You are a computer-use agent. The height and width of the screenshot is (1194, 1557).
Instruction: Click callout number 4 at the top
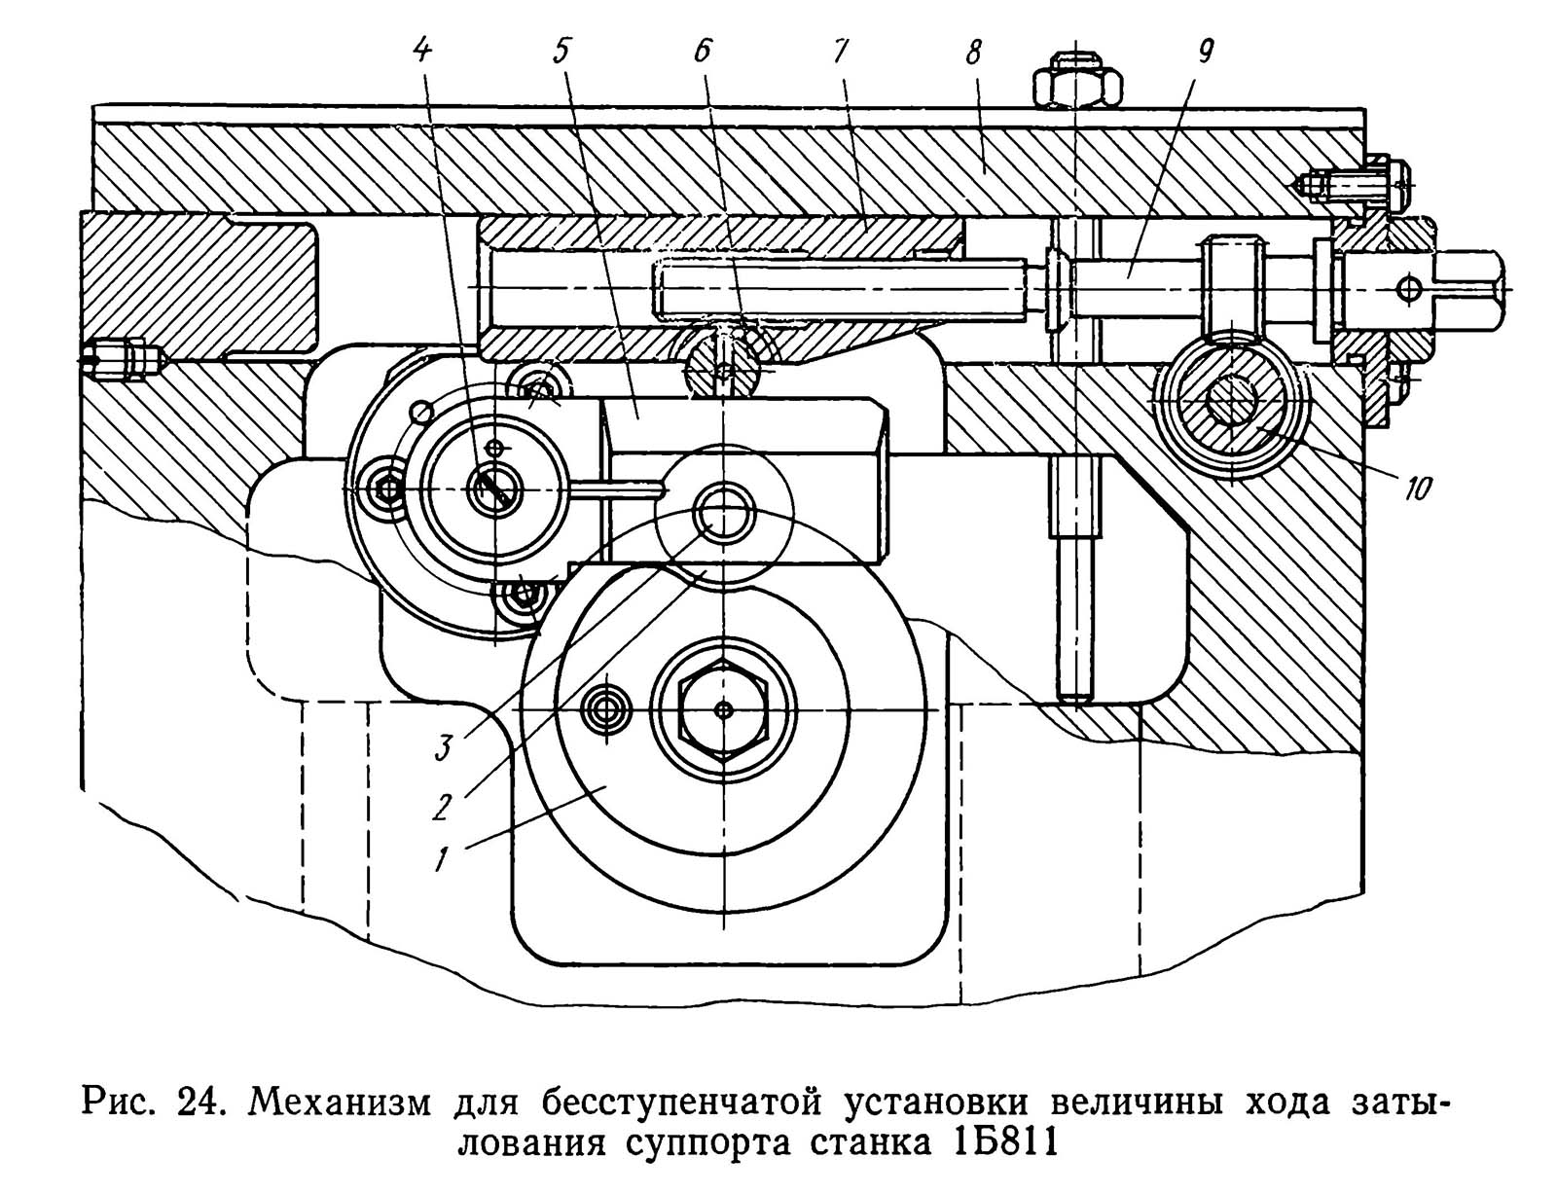click(x=423, y=49)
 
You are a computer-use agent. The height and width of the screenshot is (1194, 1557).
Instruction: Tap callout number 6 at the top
click(x=703, y=49)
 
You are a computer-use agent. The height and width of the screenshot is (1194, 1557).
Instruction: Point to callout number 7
click(x=840, y=49)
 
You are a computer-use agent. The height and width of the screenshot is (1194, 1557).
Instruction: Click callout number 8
click(x=973, y=49)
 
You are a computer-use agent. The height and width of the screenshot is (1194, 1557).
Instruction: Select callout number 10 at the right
click(x=1417, y=488)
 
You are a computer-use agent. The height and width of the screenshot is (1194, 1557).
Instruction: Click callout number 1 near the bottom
click(x=443, y=857)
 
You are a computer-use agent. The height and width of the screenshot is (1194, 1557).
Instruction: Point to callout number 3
click(x=443, y=747)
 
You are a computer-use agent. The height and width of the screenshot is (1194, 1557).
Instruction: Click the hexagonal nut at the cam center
click(x=724, y=710)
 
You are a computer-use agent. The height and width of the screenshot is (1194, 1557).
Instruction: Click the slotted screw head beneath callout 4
click(x=494, y=488)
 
